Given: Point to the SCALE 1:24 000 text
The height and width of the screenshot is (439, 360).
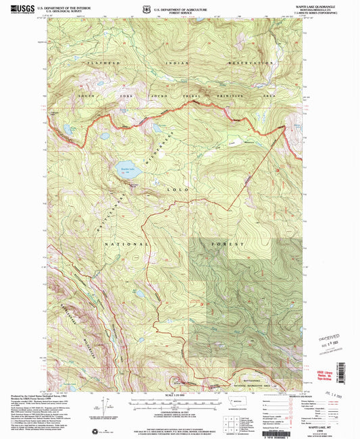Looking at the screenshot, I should [179, 394].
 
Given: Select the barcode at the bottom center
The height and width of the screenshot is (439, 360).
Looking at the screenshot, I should [180, 431].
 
